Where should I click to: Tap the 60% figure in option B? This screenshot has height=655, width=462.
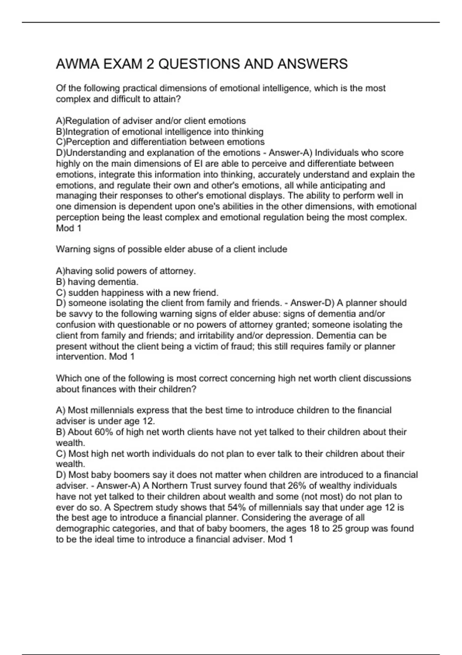coord(104,432)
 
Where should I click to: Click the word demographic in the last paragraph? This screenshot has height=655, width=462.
coord(80,529)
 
